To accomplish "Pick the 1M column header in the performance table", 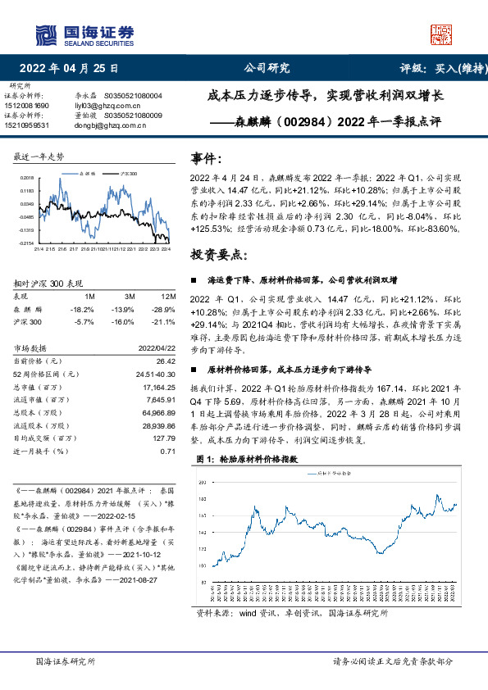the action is point(90,296).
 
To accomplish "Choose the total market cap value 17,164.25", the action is point(160,384).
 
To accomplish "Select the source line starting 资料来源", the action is point(301,613).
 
